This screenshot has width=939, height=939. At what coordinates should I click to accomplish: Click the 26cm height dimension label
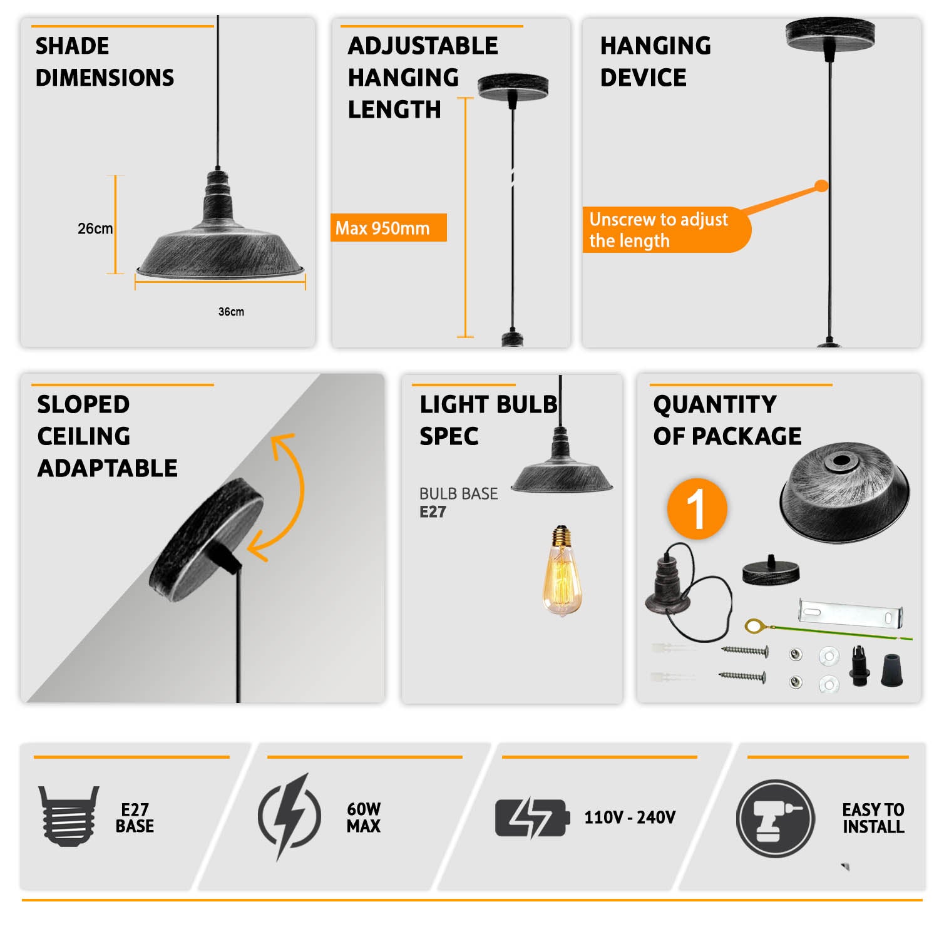coord(95,228)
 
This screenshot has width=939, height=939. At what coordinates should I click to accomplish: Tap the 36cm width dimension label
coord(231,312)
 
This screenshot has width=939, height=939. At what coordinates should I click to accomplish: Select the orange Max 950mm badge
coord(388,228)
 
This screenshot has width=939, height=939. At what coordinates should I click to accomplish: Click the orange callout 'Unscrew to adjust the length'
coord(666,230)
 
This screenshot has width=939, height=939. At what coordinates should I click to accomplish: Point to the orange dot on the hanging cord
coord(821,186)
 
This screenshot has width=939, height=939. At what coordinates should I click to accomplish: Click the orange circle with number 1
coord(697,508)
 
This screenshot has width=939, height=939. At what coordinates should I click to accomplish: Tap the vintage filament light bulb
coord(562,570)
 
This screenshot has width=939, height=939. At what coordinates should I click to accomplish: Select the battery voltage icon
coord(532,818)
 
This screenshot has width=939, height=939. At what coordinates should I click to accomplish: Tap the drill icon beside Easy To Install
coord(776,819)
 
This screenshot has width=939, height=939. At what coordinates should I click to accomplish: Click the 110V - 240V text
coord(630,818)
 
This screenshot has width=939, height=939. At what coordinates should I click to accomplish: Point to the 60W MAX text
coord(364,818)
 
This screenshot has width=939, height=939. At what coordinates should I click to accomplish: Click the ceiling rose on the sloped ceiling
coord(207,539)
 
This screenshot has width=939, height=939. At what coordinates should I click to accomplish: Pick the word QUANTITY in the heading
coord(715,404)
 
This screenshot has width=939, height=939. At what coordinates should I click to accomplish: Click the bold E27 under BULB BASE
coord(433,512)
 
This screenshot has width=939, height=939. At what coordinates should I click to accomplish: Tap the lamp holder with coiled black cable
coord(685,592)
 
